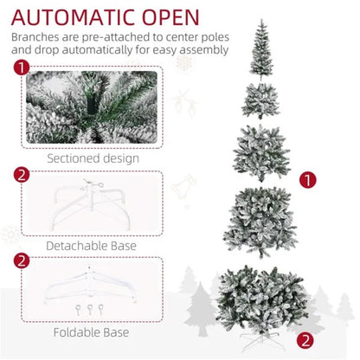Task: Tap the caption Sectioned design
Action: (x=92, y=157)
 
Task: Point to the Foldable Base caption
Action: (x=92, y=331)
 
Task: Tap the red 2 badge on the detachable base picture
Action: (x=22, y=175)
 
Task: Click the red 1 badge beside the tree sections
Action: (x=306, y=180)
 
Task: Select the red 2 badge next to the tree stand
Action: (x=305, y=339)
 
